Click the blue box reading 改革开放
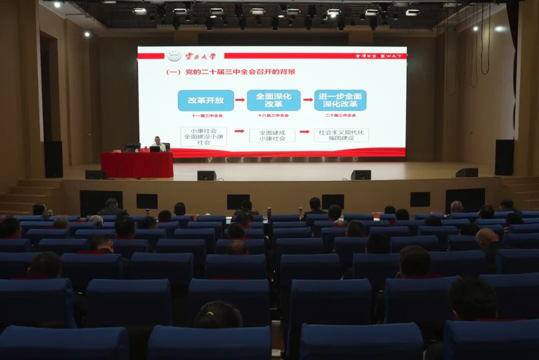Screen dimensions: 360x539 [206, 100]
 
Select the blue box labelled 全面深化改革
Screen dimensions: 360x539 [273, 100]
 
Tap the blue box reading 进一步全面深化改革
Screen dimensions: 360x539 [340, 100]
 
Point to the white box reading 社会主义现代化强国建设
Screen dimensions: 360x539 [341, 135]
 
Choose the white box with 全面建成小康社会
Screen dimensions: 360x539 [272, 135]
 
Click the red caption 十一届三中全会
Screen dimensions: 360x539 [206, 115]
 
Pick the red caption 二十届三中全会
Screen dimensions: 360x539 [340, 115]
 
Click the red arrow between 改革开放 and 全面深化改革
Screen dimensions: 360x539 [240, 100]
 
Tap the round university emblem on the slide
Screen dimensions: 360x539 [174, 56]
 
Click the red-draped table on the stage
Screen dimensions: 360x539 [137, 165]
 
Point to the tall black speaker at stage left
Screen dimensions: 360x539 [53, 159]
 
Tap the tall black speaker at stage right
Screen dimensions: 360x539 [504, 157]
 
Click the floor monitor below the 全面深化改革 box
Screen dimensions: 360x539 [207, 175]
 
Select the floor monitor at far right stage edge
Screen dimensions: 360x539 [467, 172]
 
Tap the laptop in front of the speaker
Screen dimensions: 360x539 [154, 149]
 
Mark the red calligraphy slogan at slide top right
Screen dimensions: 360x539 [380, 56]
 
